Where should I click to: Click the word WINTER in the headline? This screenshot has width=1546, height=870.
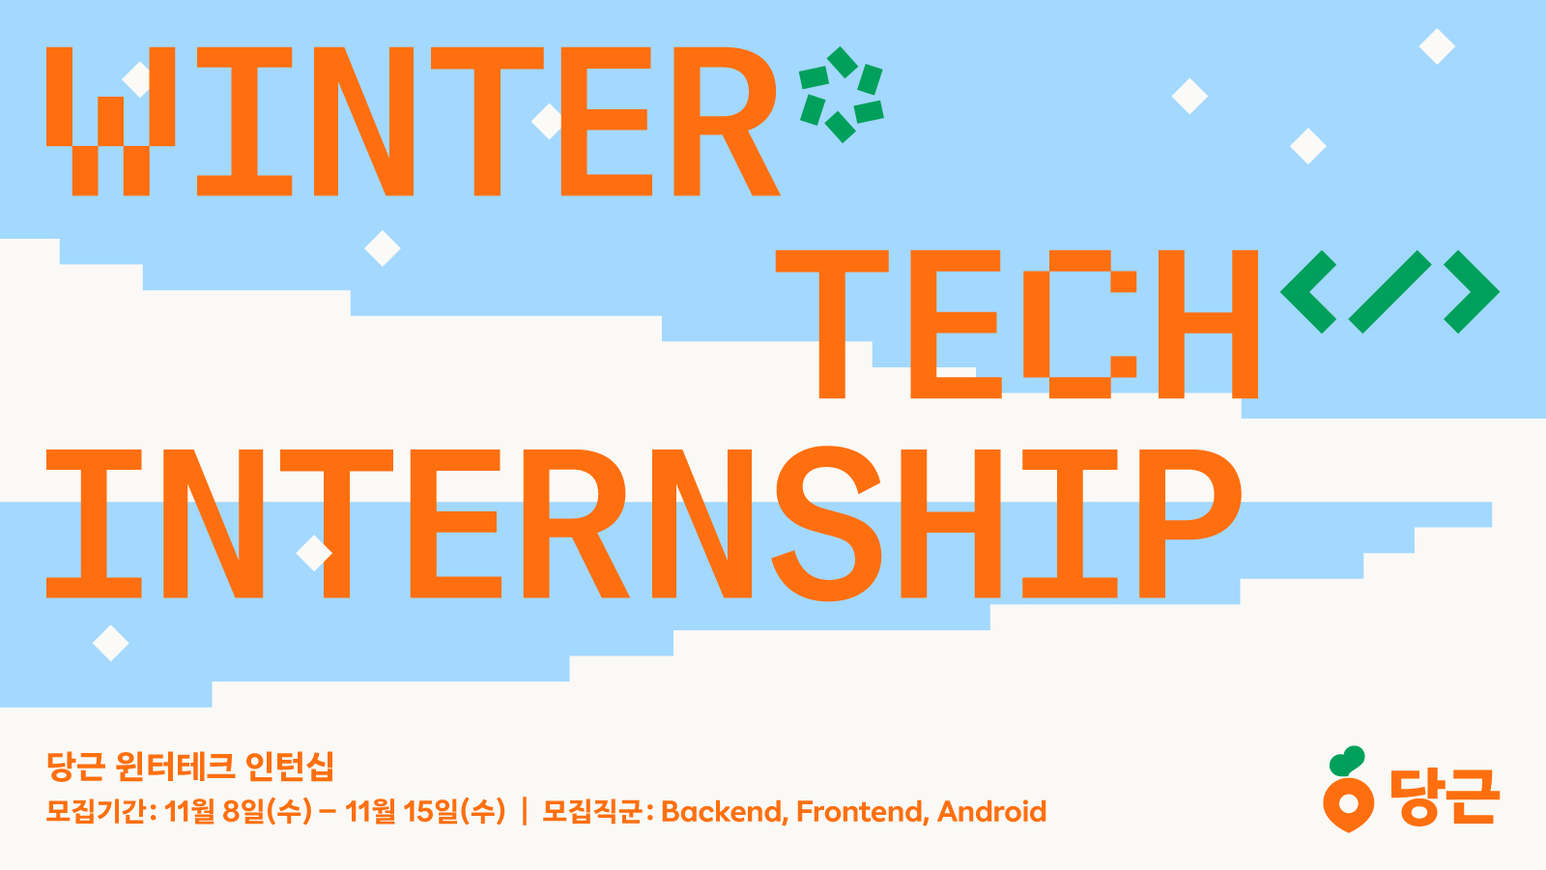(x=413, y=122)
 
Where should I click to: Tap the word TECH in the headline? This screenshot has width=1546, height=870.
(x=1016, y=325)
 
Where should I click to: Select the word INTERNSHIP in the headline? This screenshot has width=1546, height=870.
(x=644, y=523)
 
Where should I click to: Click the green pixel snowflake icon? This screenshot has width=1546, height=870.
(x=842, y=95)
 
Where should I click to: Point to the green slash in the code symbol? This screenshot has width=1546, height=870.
(x=1390, y=291)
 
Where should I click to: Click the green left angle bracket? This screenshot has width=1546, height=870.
(x=1308, y=291)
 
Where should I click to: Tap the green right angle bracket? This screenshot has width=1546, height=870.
(x=1472, y=291)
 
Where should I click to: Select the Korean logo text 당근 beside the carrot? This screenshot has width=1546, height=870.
(x=1445, y=797)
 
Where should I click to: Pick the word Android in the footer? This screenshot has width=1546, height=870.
(x=991, y=812)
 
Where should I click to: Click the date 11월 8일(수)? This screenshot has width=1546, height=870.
(x=238, y=811)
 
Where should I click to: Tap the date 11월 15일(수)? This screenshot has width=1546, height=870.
(x=425, y=811)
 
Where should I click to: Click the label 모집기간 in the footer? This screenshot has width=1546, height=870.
(x=96, y=811)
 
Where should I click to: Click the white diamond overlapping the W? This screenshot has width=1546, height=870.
(x=137, y=79)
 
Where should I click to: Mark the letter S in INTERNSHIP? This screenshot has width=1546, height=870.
(x=827, y=523)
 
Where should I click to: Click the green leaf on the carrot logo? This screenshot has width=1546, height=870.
(x=1346, y=760)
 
